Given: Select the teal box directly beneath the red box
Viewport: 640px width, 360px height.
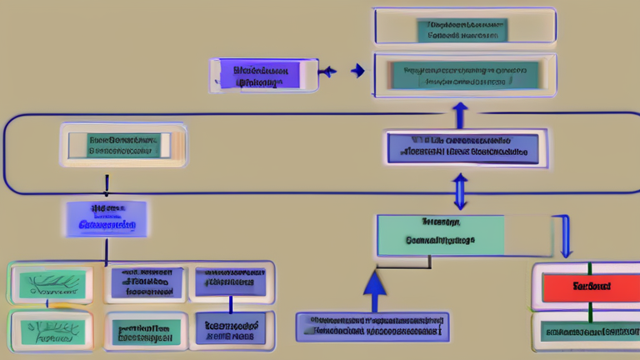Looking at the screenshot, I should [x=587, y=332].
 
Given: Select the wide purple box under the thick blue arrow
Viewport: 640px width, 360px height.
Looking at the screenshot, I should [x=372, y=326].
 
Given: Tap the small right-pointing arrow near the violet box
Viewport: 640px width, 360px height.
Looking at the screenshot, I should [x=358, y=72].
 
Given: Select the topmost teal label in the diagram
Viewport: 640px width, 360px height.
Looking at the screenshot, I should [x=463, y=30].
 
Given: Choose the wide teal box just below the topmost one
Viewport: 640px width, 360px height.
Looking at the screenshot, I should [x=463, y=76].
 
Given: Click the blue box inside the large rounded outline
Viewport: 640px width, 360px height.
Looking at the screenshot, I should [x=467, y=147].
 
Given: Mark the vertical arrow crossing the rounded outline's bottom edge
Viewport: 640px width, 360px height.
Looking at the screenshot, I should [x=460, y=192].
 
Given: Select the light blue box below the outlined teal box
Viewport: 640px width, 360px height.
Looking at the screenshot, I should [x=106, y=218].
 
